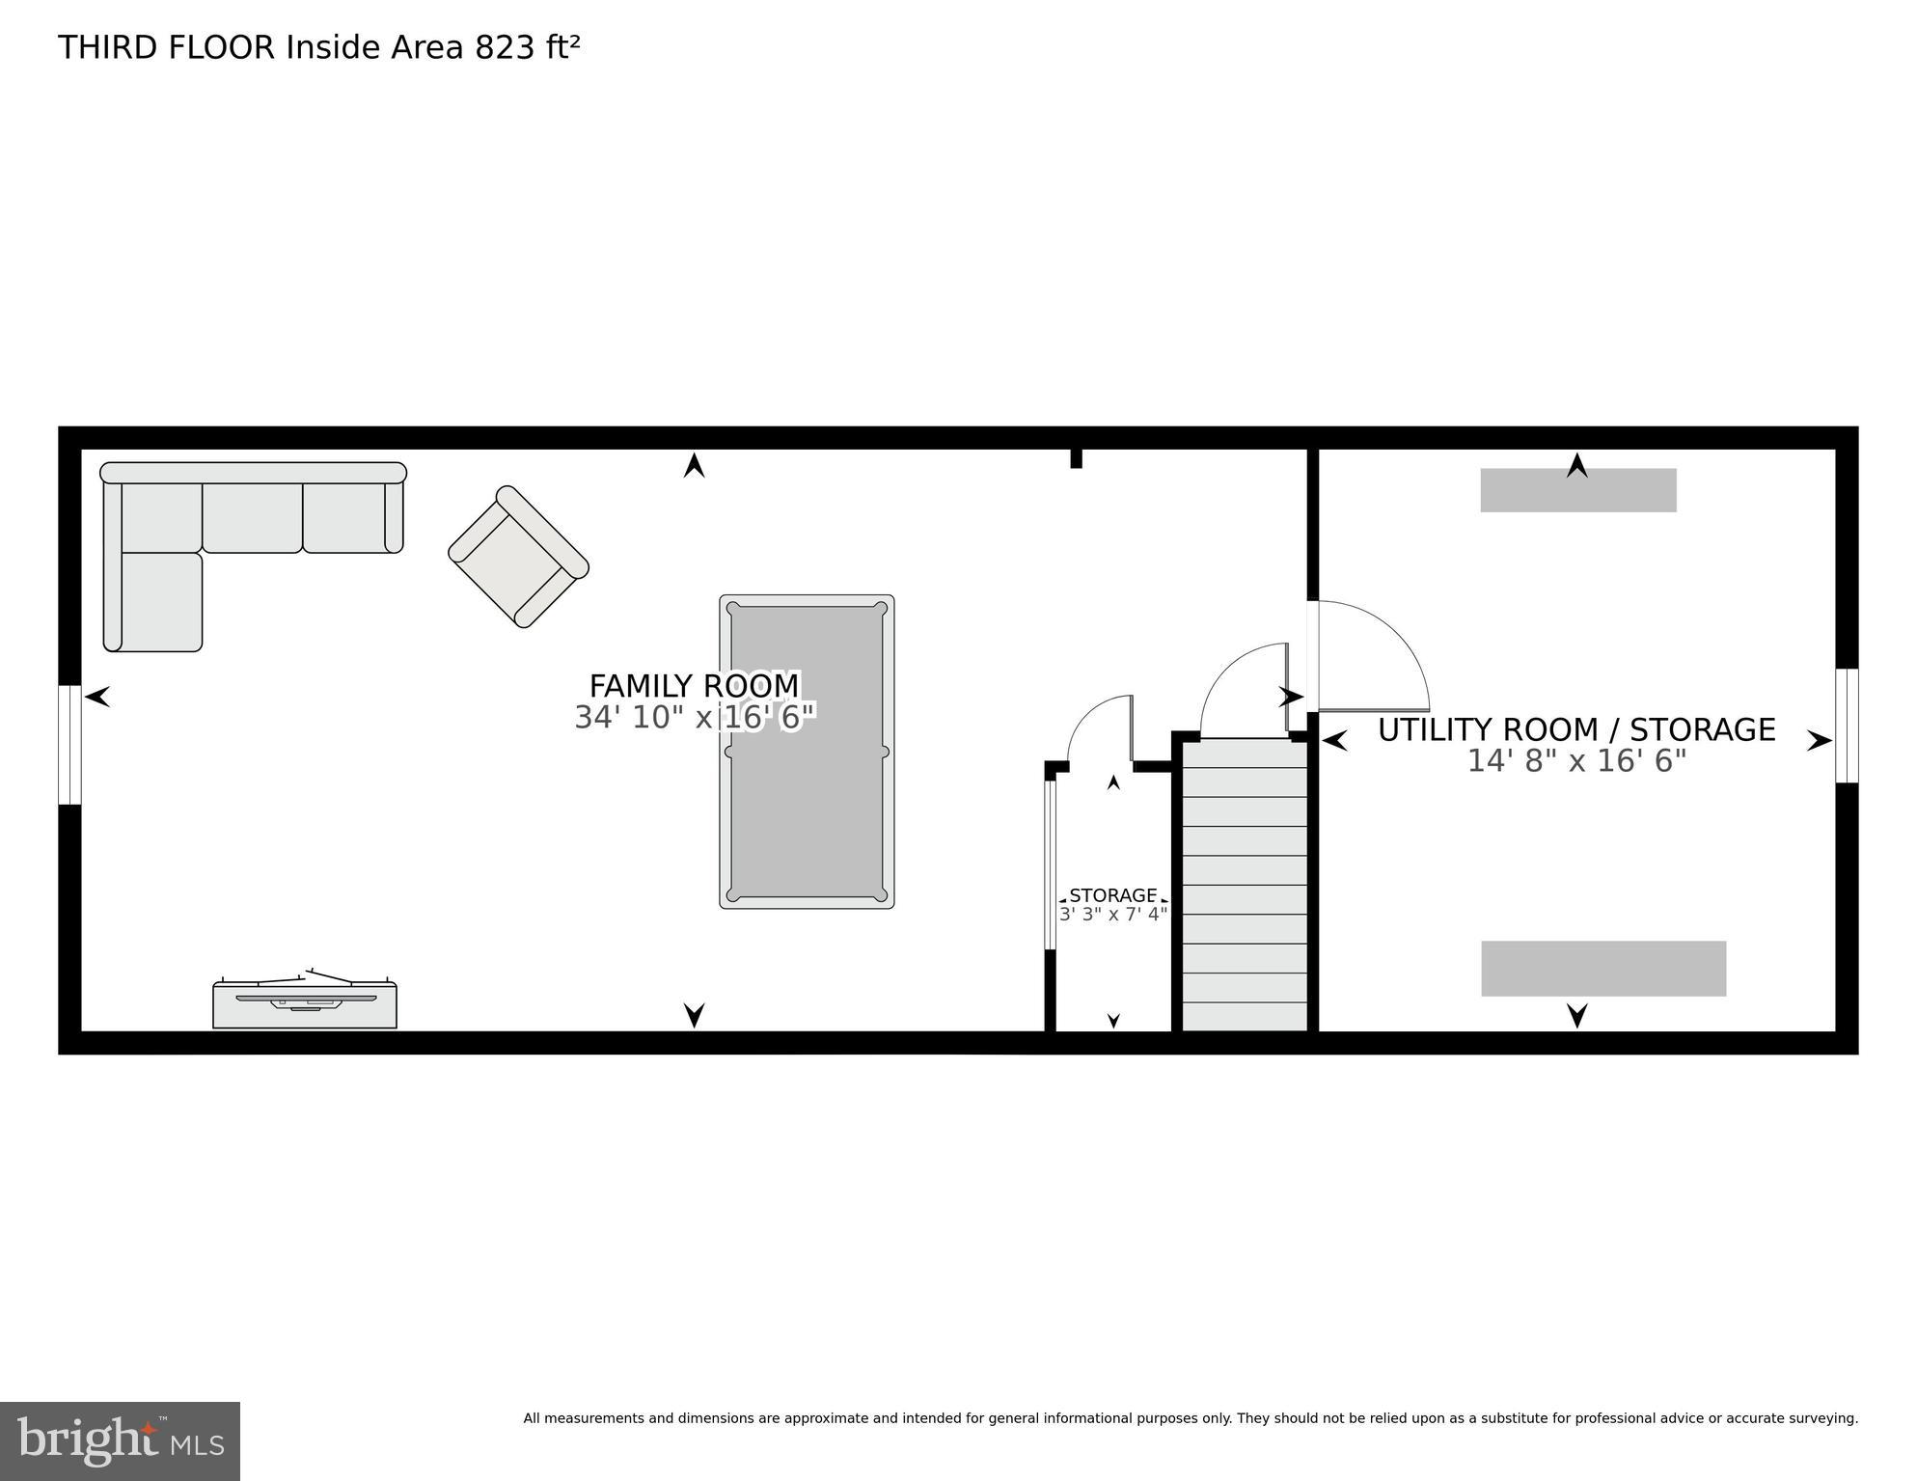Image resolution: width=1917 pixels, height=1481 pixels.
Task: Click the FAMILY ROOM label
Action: (x=694, y=686)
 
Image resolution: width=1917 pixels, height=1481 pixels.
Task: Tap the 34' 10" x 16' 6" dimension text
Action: (x=694, y=718)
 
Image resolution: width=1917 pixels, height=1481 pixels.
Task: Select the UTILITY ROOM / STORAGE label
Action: (x=1575, y=729)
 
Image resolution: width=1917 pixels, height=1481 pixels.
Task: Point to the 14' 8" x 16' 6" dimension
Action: (x=1575, y=761)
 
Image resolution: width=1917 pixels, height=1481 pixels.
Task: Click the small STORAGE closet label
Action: (x=1112, y=895)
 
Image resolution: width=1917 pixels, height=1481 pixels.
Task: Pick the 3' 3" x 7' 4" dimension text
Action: (x=1113, y=914)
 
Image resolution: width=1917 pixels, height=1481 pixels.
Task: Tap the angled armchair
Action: (x=518, y=557)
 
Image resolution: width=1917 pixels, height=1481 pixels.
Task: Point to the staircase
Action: (x=1245, y=885)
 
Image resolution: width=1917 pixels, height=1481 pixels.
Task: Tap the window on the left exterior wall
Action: (x=69, y=745)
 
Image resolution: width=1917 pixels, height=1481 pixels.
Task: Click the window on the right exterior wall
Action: (x=1847, y=726)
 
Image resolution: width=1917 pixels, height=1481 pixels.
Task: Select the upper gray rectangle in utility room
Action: (x=1578, y=491)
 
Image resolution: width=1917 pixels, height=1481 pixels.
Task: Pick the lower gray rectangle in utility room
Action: (x=1603, y=969)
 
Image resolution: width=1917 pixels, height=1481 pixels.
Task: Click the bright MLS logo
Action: (x=120, y=1441)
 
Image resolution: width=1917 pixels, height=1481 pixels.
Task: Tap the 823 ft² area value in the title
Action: (x=527, y=47)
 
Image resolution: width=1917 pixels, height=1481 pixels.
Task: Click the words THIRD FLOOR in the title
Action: (x=166, y=47)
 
